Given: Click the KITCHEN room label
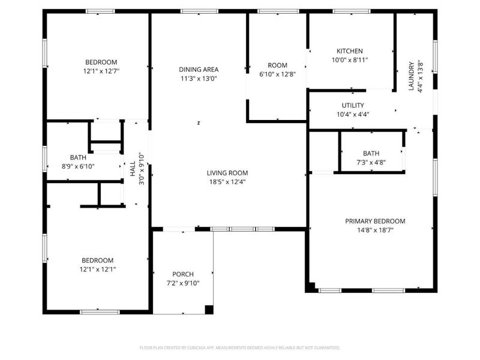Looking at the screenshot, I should pyautogui.click(x=349, y=51).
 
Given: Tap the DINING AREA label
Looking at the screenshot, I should pyautogui.click(x=199, y=69).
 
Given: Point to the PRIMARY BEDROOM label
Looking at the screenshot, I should pyautogui.click(x=375, y=221).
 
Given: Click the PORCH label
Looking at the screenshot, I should pyautogui.click(x=183, y=274).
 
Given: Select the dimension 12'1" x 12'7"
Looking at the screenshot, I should pyautogui.click(x=101, y=71).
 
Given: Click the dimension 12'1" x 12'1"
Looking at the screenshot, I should pyautogui.click(x=98, y=269).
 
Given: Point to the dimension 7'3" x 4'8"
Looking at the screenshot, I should pyautogui.click(x=371, y=162).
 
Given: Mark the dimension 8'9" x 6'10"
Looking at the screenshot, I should pyautogui.click(x=78, y=166).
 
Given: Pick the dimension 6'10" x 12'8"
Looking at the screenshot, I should pyautogui.click(x=277, y=74).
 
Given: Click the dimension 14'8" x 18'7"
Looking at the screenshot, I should pyautogui.click(x=375, y=230).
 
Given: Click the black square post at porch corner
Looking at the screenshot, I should pyautogui.click(x=209, y=310).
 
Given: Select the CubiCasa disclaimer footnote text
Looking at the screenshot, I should pyautogui.click(x=240, y=347).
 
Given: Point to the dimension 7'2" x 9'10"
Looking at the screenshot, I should pyautogui.click(x=183, y=283).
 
